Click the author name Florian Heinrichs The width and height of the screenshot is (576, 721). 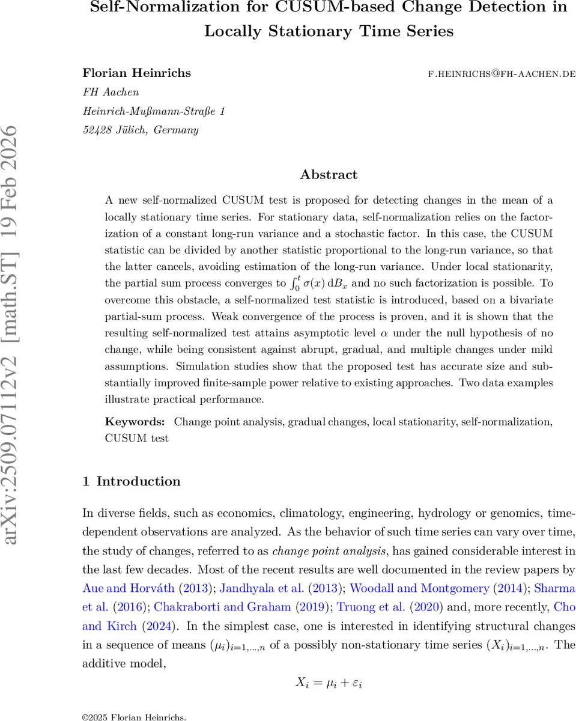136,73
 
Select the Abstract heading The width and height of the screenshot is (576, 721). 329,175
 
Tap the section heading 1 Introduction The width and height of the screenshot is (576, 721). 131,481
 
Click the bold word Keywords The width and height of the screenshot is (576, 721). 135,422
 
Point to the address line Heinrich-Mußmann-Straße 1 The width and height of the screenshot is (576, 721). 154,111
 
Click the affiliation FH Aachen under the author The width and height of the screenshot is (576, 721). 111,93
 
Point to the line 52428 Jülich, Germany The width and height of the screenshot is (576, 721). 140,130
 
